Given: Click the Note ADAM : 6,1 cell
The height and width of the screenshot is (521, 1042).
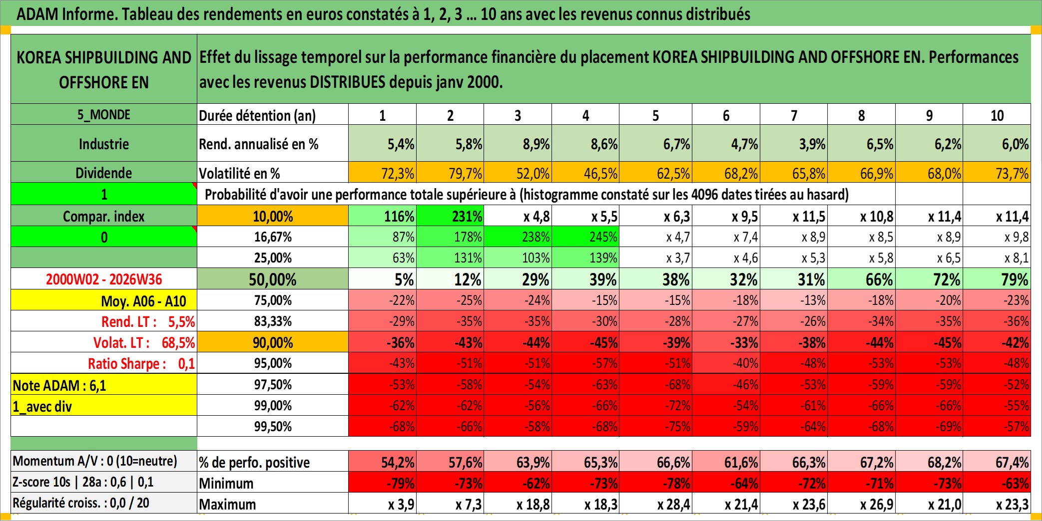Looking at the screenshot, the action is coord(104,385).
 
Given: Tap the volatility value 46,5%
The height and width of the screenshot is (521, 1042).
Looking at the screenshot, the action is coord(585,173).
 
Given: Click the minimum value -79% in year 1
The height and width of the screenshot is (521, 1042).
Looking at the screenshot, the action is coord(382,483).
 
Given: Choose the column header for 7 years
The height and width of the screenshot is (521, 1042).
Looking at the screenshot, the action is coord(794,115).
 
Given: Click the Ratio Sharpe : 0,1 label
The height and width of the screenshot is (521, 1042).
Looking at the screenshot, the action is coord(141,363).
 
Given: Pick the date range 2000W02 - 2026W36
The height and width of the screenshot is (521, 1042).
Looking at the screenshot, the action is coord(104,279).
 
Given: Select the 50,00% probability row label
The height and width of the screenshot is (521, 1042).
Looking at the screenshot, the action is coord(273,279).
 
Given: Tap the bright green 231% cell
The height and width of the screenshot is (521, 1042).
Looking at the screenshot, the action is coord(450,216).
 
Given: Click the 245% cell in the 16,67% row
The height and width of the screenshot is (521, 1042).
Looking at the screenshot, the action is coord(585,237).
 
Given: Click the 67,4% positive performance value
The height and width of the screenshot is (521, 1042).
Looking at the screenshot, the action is coord(997,462).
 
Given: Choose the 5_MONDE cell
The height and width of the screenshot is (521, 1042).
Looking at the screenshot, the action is coord(104,114).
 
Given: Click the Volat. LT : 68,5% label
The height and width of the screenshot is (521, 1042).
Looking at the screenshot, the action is coord(144,342).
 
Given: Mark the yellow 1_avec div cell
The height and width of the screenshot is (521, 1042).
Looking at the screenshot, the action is coord(104,406).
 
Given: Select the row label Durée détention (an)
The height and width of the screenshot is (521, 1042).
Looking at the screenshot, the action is coord(257,115).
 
